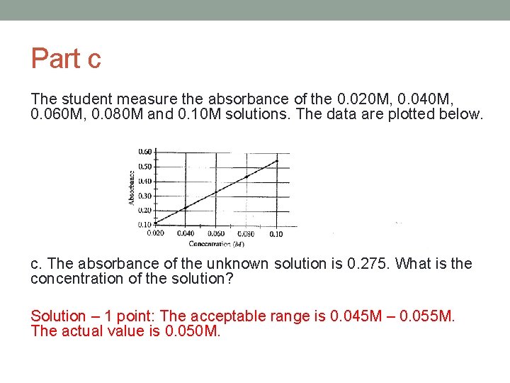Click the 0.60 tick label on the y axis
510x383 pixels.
click(144, 151)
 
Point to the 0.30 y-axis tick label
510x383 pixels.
click(144, 196)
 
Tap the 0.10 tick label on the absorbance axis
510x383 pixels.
click(144, 224)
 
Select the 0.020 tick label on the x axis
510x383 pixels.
click(156, 233)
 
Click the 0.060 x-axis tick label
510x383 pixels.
click(215, 233)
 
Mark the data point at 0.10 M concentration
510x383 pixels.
click(276, 161)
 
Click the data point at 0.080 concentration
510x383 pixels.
click(246, 177)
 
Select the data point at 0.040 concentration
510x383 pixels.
click(186, 207)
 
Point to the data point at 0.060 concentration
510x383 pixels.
click(215, 192)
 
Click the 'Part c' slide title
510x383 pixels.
click(66, 58)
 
